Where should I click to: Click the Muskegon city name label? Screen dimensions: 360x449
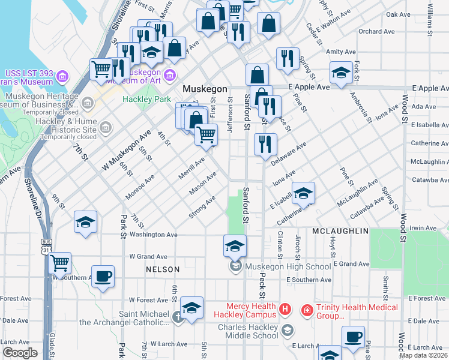(x=205, y=89)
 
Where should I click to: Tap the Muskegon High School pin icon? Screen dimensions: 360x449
(x=235, y=266)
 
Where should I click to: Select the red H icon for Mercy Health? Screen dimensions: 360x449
(x=285, y=310)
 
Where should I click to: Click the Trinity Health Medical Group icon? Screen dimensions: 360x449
(x=307, y=310)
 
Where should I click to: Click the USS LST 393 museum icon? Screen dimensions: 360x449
(x=62, y=76)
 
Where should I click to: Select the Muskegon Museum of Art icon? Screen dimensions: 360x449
(x=169, y=75)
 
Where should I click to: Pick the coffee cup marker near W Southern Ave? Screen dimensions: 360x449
(x=103, y=276)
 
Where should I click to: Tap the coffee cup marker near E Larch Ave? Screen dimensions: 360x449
(x=353, y=337)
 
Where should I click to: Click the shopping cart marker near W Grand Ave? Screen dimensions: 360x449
(x=59, y=262)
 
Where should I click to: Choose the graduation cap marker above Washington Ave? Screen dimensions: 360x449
(x=85, y=222)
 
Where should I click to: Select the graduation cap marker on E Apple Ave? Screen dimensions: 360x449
(x=341, y=73)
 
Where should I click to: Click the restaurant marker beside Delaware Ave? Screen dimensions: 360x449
(x=265, y=144)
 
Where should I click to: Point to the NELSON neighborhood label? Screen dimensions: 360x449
(x=163, y=270)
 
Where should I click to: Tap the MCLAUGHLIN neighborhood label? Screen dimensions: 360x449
(x=340, y=231)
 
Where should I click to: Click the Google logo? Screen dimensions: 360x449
(x=20, y=353)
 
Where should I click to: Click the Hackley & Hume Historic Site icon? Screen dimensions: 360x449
(x=106, y=127)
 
